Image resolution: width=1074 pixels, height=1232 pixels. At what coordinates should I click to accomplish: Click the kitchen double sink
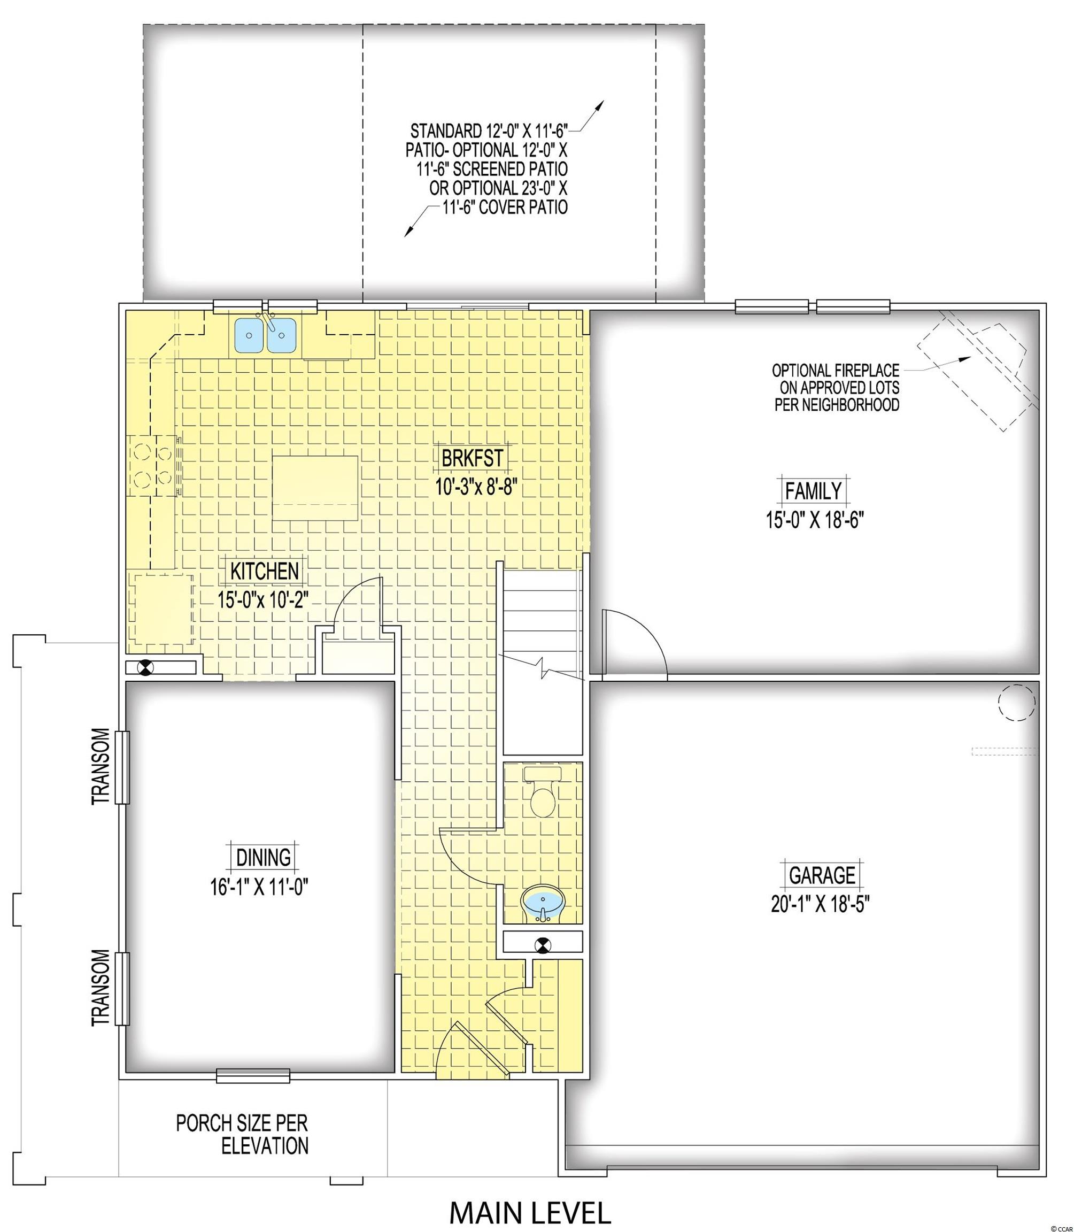pyautogui.click(x=266, y=335)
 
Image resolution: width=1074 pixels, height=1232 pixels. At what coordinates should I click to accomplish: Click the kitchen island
pyautogui.click(x=315, y=488)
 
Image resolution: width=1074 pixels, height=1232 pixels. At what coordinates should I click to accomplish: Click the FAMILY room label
pyautogui.click(x=813, y=491)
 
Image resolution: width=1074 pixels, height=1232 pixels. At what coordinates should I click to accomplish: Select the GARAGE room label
pyautogui.click(x=822, y=875)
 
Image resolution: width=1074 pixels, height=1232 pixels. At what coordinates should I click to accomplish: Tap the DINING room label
pyautogui.click(x=264, y=857)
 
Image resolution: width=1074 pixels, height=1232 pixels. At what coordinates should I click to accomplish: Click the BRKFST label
pyautogui.click(x=472, y=459)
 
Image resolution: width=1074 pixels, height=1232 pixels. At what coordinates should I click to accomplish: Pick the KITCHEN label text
pyautogui.click(x=265, y=571)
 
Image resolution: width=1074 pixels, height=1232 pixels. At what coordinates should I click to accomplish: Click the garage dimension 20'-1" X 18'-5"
pyautogui.click(x=821, y=904)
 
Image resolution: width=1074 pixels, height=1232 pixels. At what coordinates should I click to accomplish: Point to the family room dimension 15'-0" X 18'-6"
pyautogui.click(x=815, y=519)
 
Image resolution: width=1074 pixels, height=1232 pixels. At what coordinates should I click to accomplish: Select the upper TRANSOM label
pyautogui.click(x=101, y=766)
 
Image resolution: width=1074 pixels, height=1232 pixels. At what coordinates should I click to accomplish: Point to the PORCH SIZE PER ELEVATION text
pyautogui.click(x=242, y=1134)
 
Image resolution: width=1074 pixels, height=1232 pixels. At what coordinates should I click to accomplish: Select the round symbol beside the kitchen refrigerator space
pyautogui.click(x=145, y=667)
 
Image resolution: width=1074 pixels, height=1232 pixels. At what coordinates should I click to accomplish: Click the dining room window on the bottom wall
pyautogui.click(x=253, y=1076)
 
